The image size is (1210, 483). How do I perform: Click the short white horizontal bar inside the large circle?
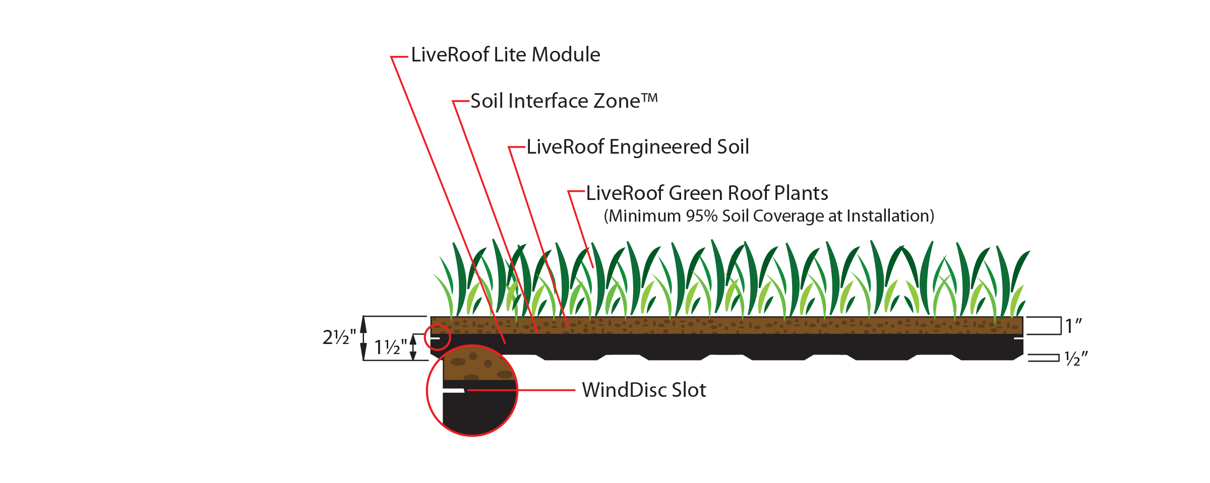click(453, 390)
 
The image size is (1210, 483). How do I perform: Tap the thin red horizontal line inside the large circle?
click(492, 390)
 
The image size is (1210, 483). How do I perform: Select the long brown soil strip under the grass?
click(726, 325)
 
